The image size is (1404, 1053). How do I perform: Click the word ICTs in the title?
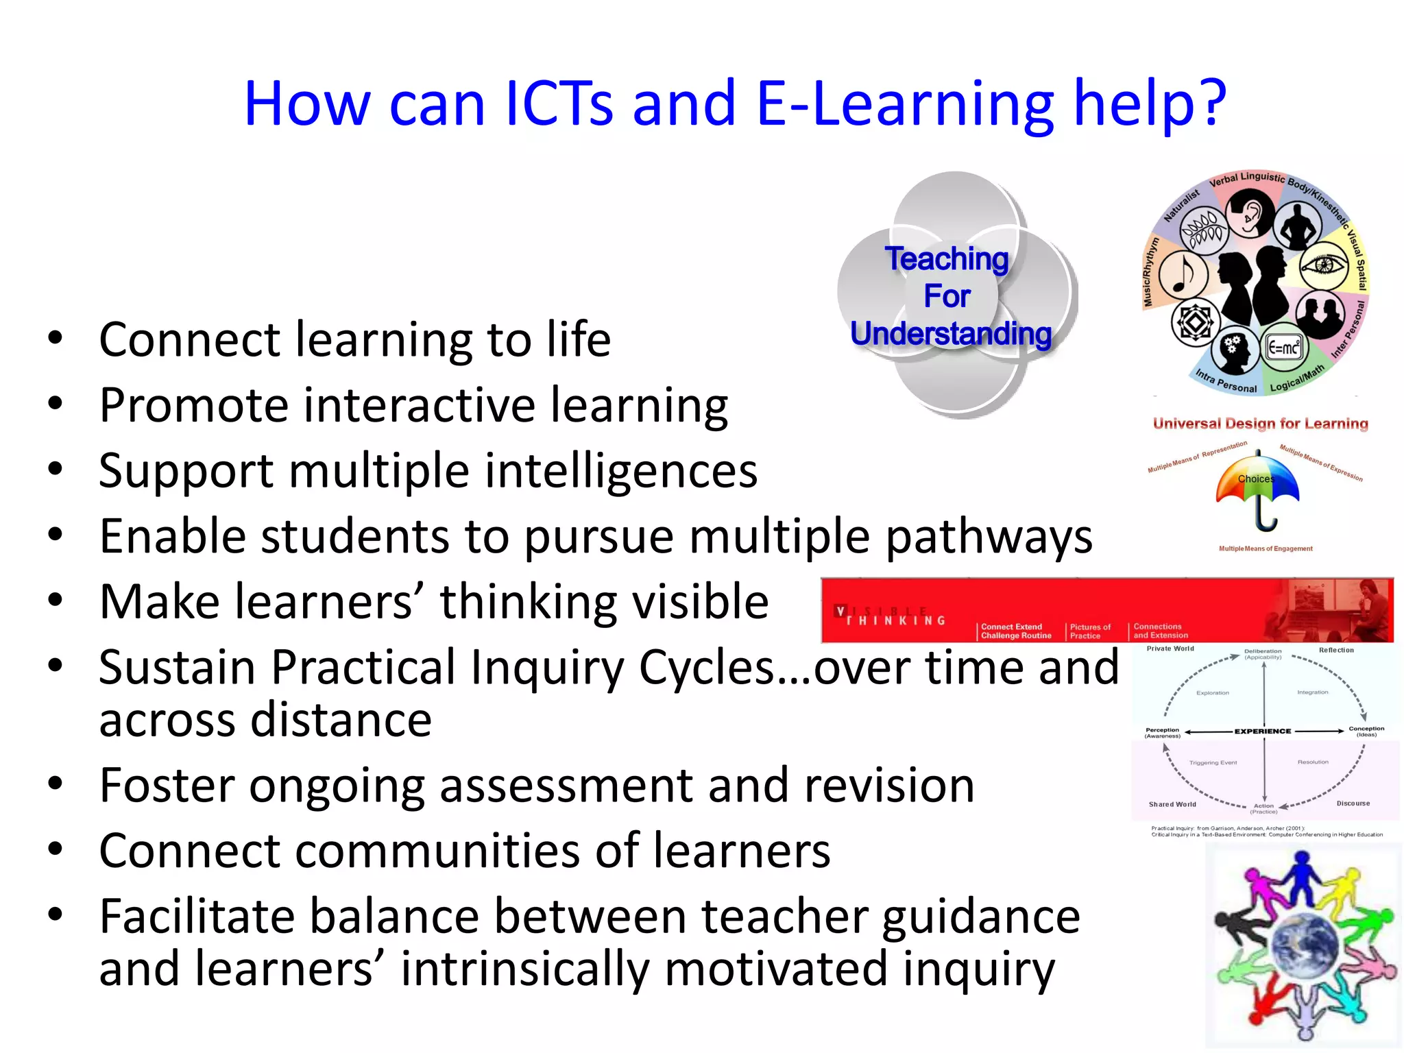[x=559, y=104]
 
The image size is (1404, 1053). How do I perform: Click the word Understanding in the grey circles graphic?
[x=951, y=334]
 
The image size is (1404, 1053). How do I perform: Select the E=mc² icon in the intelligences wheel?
[x=1283, y=348]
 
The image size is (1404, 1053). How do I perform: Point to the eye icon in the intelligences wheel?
[x=1324, y=265]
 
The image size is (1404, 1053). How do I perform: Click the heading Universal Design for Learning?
[x=1260, y=424]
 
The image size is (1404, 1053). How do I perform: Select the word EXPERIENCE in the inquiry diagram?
[x=1263, y=731]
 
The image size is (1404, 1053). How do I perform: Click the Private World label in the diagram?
[x=1170, y=649]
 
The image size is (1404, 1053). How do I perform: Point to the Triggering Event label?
[x=1213, y=762]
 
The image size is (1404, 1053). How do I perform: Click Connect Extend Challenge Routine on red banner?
[x=1016, y=631]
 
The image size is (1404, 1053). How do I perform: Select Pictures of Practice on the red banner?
[x=1090, y=631]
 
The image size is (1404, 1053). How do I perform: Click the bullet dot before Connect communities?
[x=56, y=849]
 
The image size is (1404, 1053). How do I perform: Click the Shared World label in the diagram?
[x=1172, y=804]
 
